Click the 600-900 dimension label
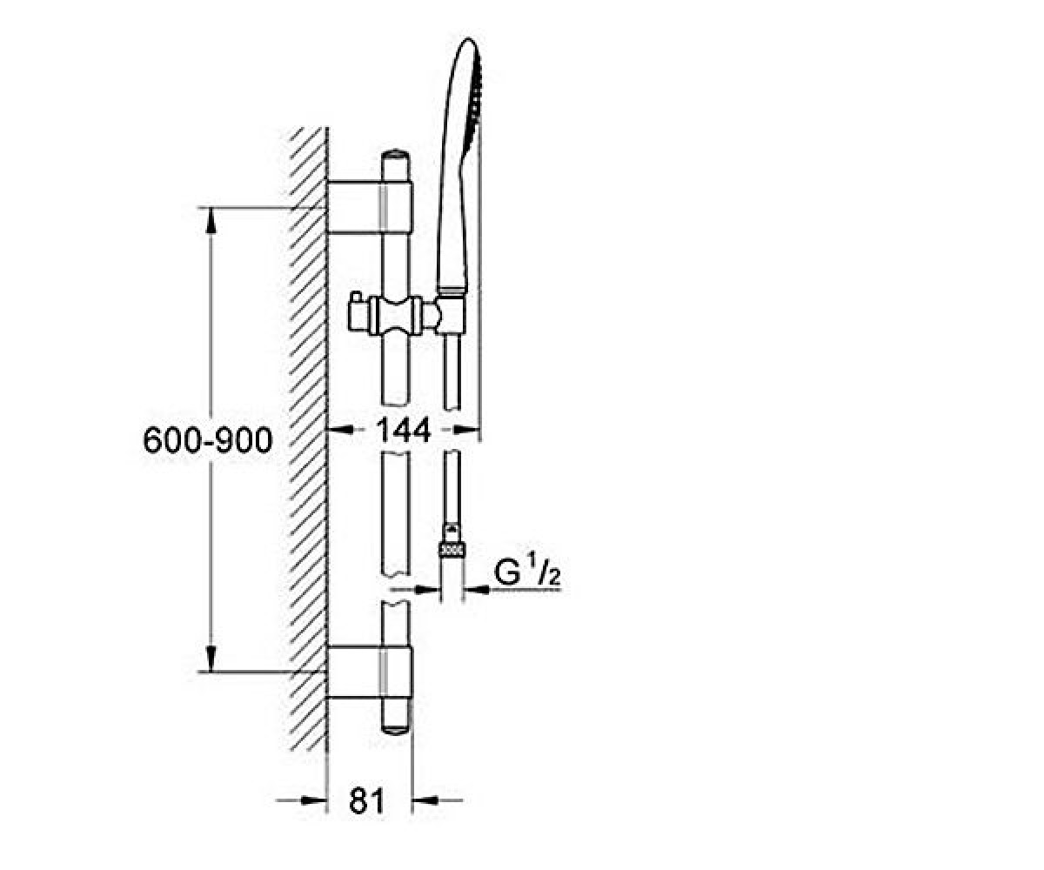(x=208, y=440)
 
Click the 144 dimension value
(x=403, y=429)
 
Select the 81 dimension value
(x=367, y=800)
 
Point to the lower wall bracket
(x=370, y=672)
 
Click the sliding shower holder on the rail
(x=395, y=315)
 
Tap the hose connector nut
(x=452, y=552)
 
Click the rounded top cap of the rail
(x=396, y=156)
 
